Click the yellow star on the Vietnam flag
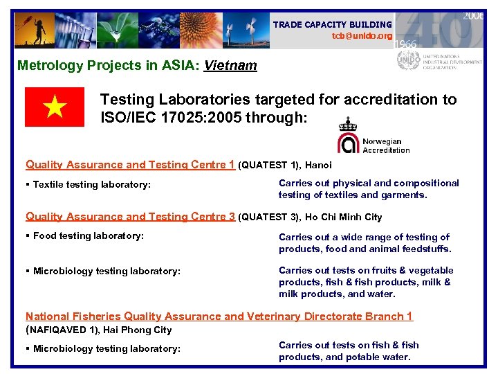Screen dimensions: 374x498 click(x=55, y=107)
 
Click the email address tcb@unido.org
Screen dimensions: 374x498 click(x=362, y=36)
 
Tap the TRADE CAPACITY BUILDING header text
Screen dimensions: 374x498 click(x=332, y=24)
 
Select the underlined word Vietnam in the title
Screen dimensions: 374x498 click(x=230, y=66)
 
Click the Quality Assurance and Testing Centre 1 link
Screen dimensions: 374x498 click(x=130, y=165)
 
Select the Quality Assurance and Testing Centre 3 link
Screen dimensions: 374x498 click(x=130, y=217)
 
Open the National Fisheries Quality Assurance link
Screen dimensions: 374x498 click(x=219, y=317)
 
